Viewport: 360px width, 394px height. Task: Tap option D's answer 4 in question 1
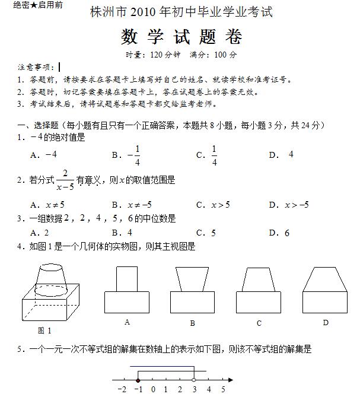[x=291, y=154]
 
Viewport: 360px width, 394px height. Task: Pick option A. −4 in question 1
[x=43, y=154]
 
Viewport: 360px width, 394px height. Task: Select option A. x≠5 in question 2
[x=47, y=205]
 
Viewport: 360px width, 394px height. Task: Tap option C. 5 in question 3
[x=206, y=233]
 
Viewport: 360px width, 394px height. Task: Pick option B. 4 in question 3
[x=122, y=233]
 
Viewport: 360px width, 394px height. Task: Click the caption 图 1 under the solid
[x=44, y=331]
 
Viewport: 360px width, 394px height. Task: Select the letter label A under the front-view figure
[x=128, y=322]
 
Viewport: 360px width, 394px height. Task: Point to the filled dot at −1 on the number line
[x=138, y=380]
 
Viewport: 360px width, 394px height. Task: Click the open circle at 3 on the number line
[x=194, y=380]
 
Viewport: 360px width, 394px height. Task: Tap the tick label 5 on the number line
[x=223, y=390]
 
